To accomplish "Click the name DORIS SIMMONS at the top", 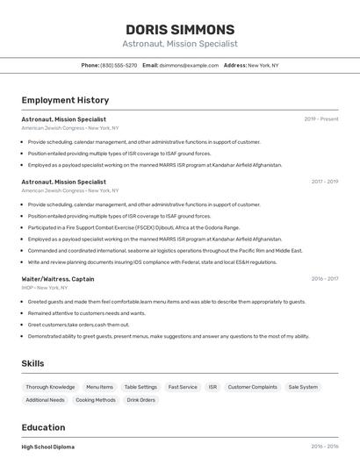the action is pyautogui.click(x=179, y=29).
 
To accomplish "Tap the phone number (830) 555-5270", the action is pyautogui.click(x=119, y=66).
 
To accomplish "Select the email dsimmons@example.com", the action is pyautogui.click(x=189, y=66).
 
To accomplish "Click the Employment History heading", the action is pyautogui.click(x=64, y=101).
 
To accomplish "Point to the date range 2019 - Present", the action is pyautogui.click(x=321, y=119).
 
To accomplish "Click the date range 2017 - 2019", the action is pyautogui.click(x=324, y=182).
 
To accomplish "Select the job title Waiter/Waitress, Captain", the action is pyautogui.click(x=58, y=279).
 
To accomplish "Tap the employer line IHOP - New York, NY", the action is pyautogui.click(x=45, y=288).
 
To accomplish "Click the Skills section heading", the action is pyautogui.click(x=33, y=363).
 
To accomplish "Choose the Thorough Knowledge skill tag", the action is pyautogui.click(x=50, y=387).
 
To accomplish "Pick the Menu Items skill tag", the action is pyautogui.click(x=99, y=387).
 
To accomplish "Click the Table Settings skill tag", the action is pyautogui.click(x=140, y=387).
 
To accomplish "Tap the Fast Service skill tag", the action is pyautogui.click(x=183, y=387).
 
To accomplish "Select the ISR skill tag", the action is pyautogui.click(x=212, y=387).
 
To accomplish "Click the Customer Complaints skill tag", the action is pyautogui.click(x=252, y=387).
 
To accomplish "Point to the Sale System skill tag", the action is pyautogui.click(x=303, y=387).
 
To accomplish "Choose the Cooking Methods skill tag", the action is pyautogui.click(x=96, y=400).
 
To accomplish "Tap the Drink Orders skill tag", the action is pyautogui.click(x=140, y=400).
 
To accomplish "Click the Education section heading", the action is pyautogui.click(x=43, y=427).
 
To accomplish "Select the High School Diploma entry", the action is pyautogui.click(x=48, y=447).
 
